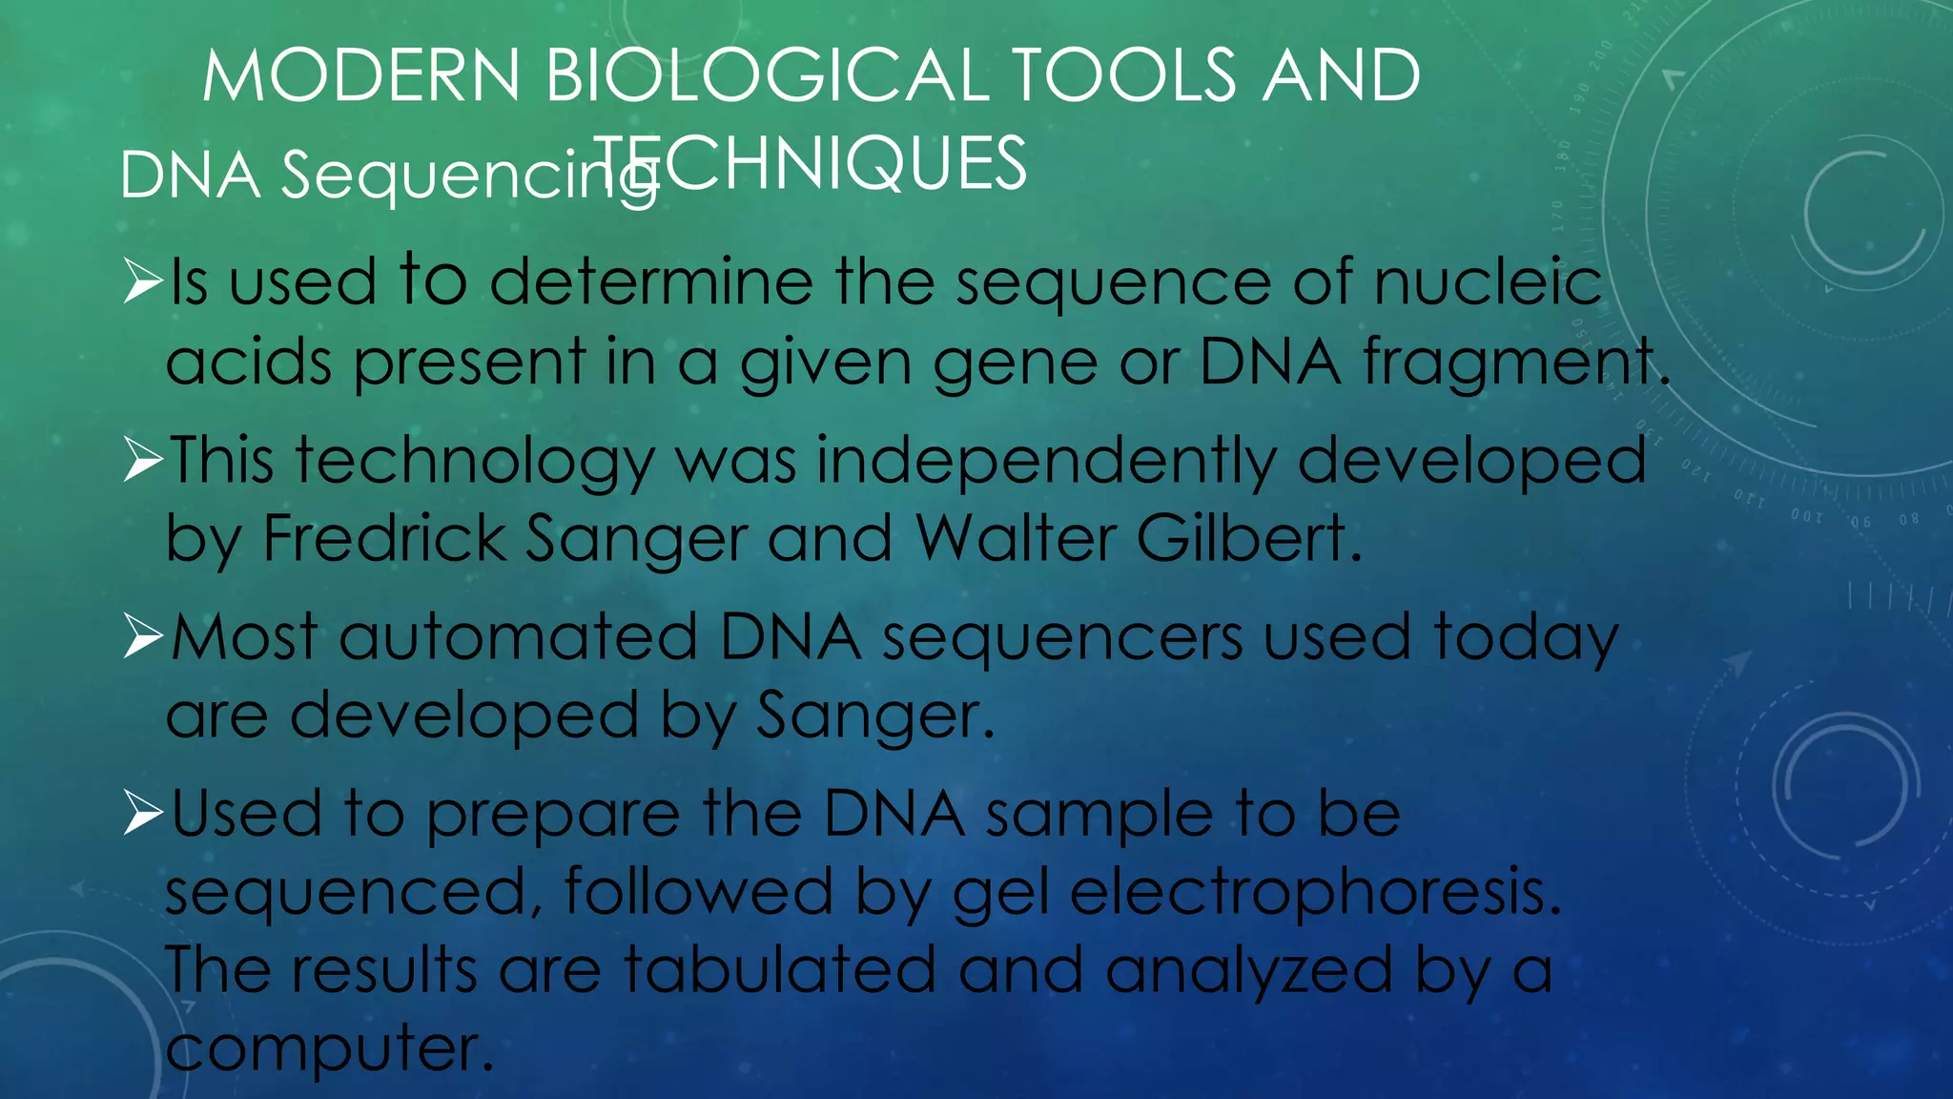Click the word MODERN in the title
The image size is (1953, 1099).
click(361, 75)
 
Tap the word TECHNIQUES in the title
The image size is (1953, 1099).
click(811, 163)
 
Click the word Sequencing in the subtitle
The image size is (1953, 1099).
click(468, 176)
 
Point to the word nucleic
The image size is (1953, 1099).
click(1489, 282)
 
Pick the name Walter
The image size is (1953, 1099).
click(1015, 538)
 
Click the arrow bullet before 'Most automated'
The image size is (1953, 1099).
click(143, 637)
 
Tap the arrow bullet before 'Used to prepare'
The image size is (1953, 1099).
click(143, 814)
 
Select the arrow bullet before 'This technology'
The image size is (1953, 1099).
click(143, 461)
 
